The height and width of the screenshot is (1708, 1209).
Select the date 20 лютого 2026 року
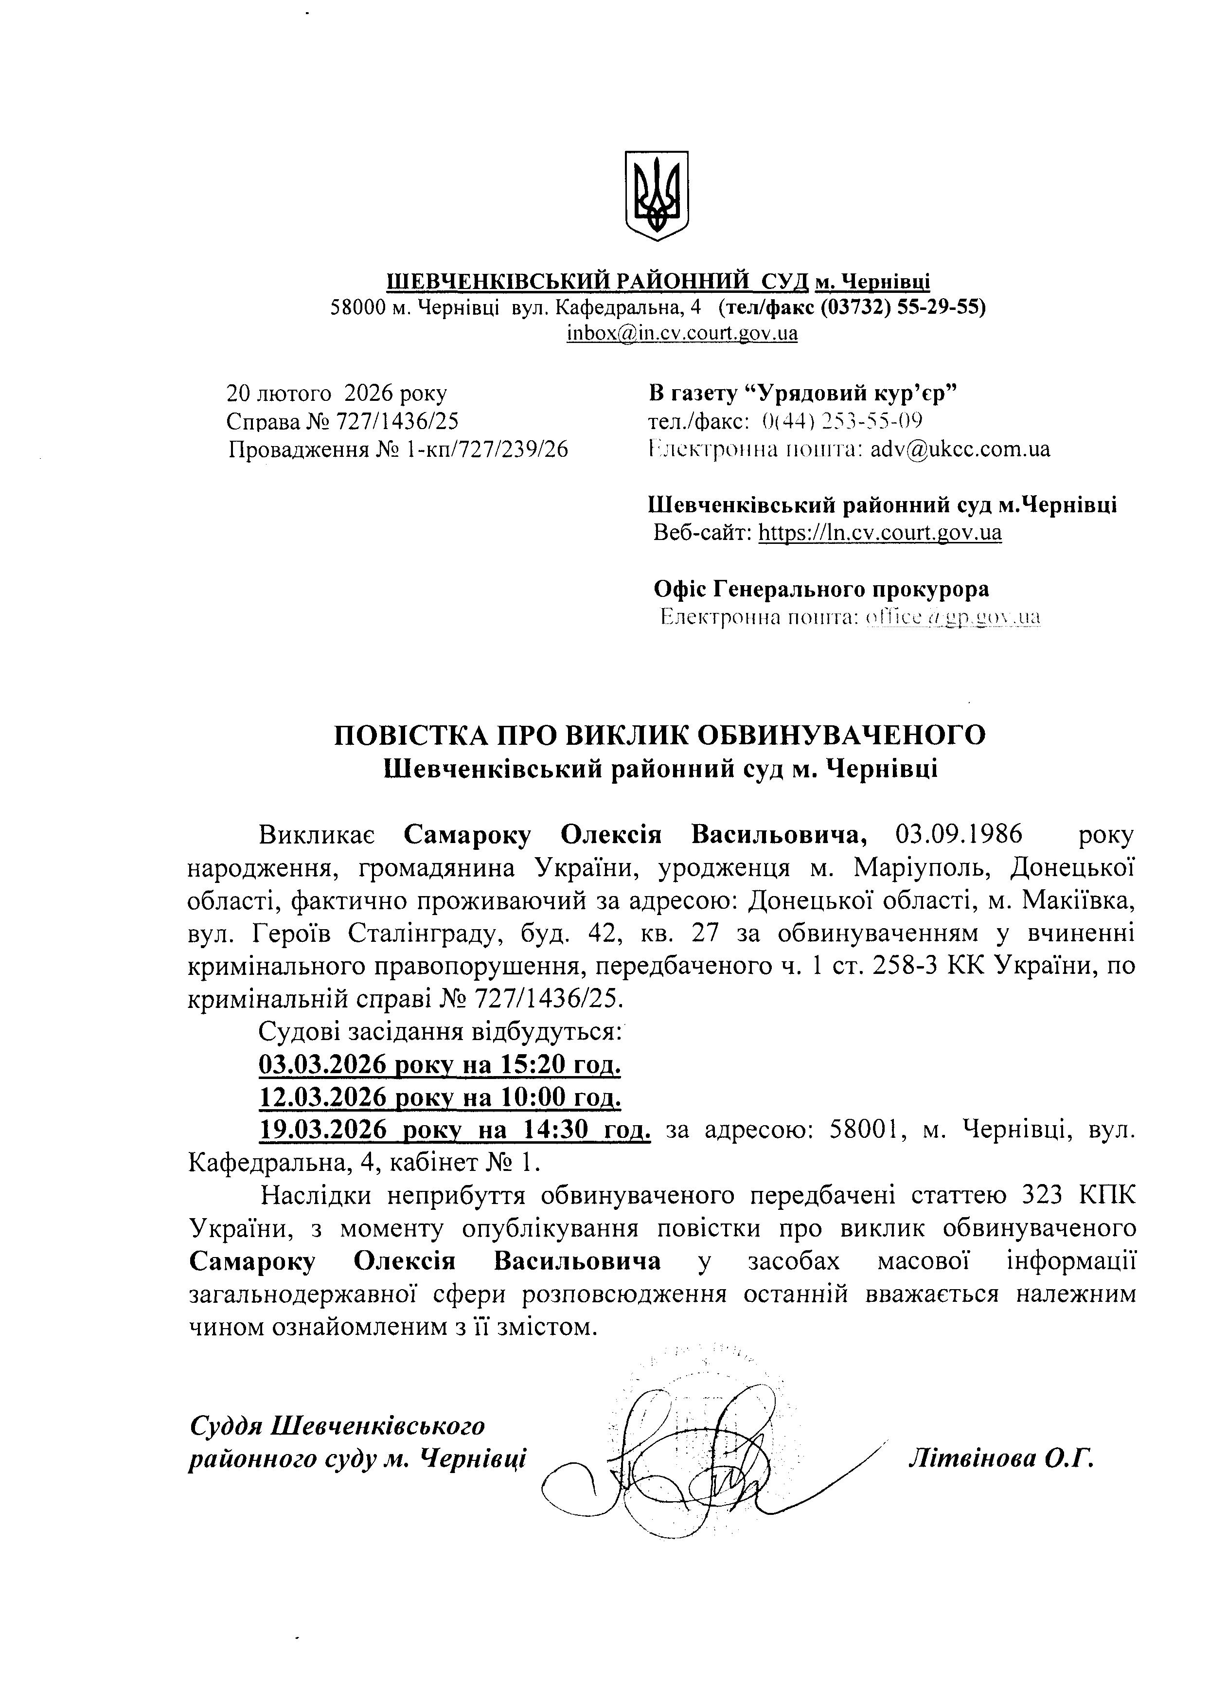[x=337, y=393]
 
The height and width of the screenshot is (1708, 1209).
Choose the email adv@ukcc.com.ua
[x=960, y=449]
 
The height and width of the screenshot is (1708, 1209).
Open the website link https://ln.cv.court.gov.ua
[x=879, y=532]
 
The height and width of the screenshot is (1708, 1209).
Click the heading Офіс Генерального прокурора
[x=821, y=589]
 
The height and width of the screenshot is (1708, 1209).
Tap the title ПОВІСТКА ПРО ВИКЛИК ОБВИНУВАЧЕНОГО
[x=659, y=735]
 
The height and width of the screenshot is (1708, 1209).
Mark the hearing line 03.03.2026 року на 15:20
[x=439, y=1065]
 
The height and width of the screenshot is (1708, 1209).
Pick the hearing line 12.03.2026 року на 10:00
[x=439, y=1097]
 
